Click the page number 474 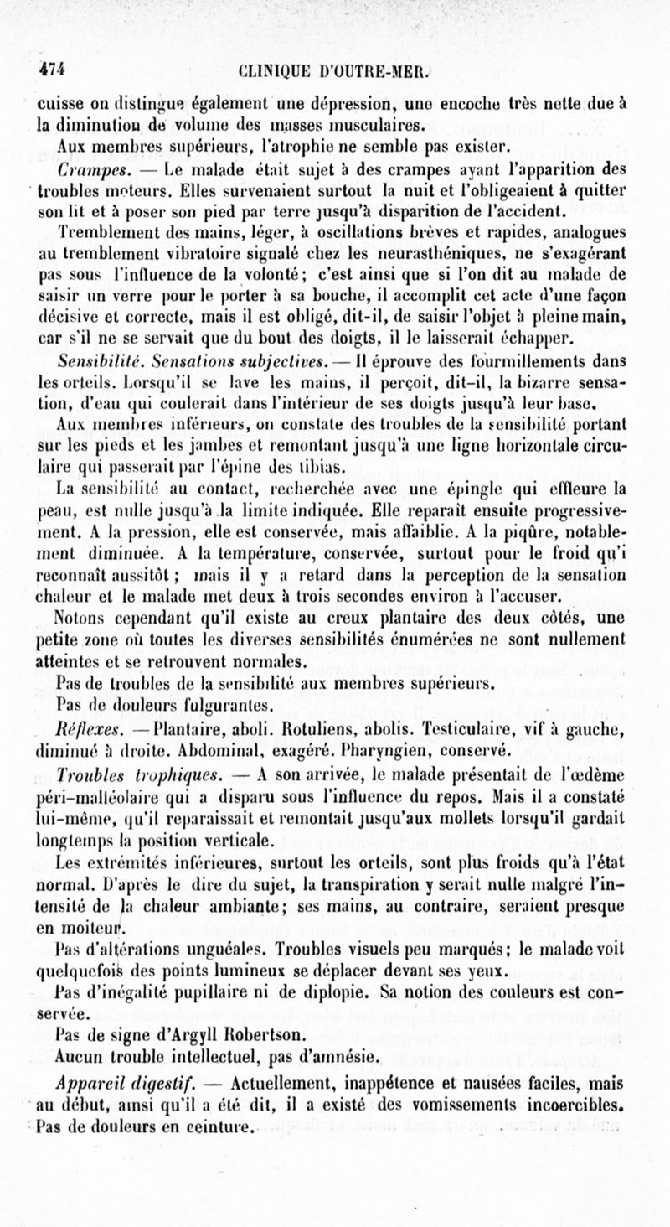tap(51, 70)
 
